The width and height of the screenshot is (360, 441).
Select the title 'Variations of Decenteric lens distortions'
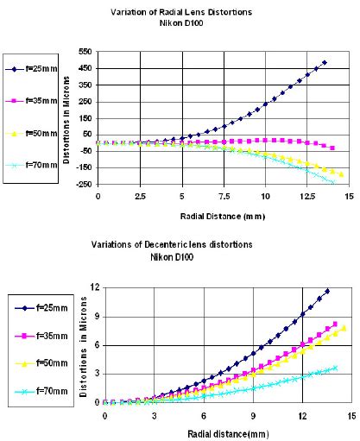tap(191, 244)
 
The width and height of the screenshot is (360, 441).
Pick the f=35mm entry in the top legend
tap(34, 100)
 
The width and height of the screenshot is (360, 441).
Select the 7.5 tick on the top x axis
tap(223, 197)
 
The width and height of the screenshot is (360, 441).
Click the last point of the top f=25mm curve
tap(324, 63)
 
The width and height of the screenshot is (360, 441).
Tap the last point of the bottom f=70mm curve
tap(335, 368)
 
